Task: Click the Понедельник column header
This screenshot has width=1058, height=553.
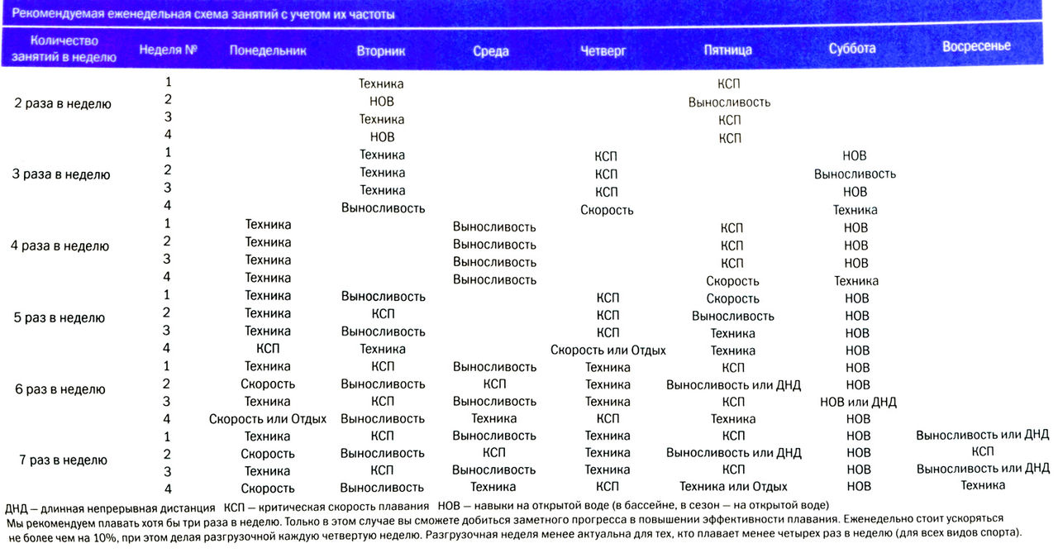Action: [267, 50]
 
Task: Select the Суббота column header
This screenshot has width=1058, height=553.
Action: [851, 49]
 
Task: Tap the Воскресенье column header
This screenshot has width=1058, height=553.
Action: [975, 46]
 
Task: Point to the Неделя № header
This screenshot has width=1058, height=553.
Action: [168, 50]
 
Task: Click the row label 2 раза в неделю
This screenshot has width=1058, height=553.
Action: [62, 104]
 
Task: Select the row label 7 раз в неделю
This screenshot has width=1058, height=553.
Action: [62, 460]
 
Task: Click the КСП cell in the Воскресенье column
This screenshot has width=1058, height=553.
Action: [982, 451]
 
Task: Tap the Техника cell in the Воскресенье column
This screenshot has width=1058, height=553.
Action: [982, 485]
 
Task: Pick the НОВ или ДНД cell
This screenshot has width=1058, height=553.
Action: [857, 402]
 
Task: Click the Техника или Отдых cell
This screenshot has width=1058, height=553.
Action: [732, 487]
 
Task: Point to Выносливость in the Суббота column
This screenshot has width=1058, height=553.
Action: [855, 174]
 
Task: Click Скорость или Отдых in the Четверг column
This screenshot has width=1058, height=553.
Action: [608, 350]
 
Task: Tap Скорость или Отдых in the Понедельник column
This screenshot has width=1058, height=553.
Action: [267, 419]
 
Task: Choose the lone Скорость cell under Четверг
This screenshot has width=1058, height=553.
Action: [607, 210]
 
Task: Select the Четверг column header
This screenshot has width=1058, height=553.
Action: [603, 50]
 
